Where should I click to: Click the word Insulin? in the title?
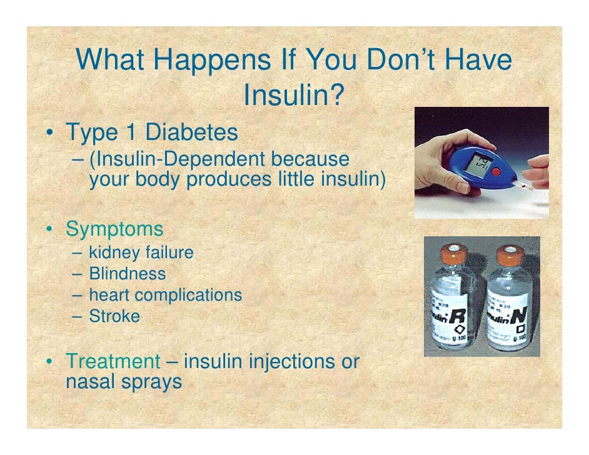point(294,95)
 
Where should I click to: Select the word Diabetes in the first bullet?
point(191,132)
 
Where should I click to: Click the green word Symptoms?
point(114,229)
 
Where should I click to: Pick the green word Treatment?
point(113,361)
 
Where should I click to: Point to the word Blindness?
point(128,274)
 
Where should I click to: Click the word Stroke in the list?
point(114,316)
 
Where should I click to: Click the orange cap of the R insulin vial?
point(454,253)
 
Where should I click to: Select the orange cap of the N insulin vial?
point(511,254)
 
